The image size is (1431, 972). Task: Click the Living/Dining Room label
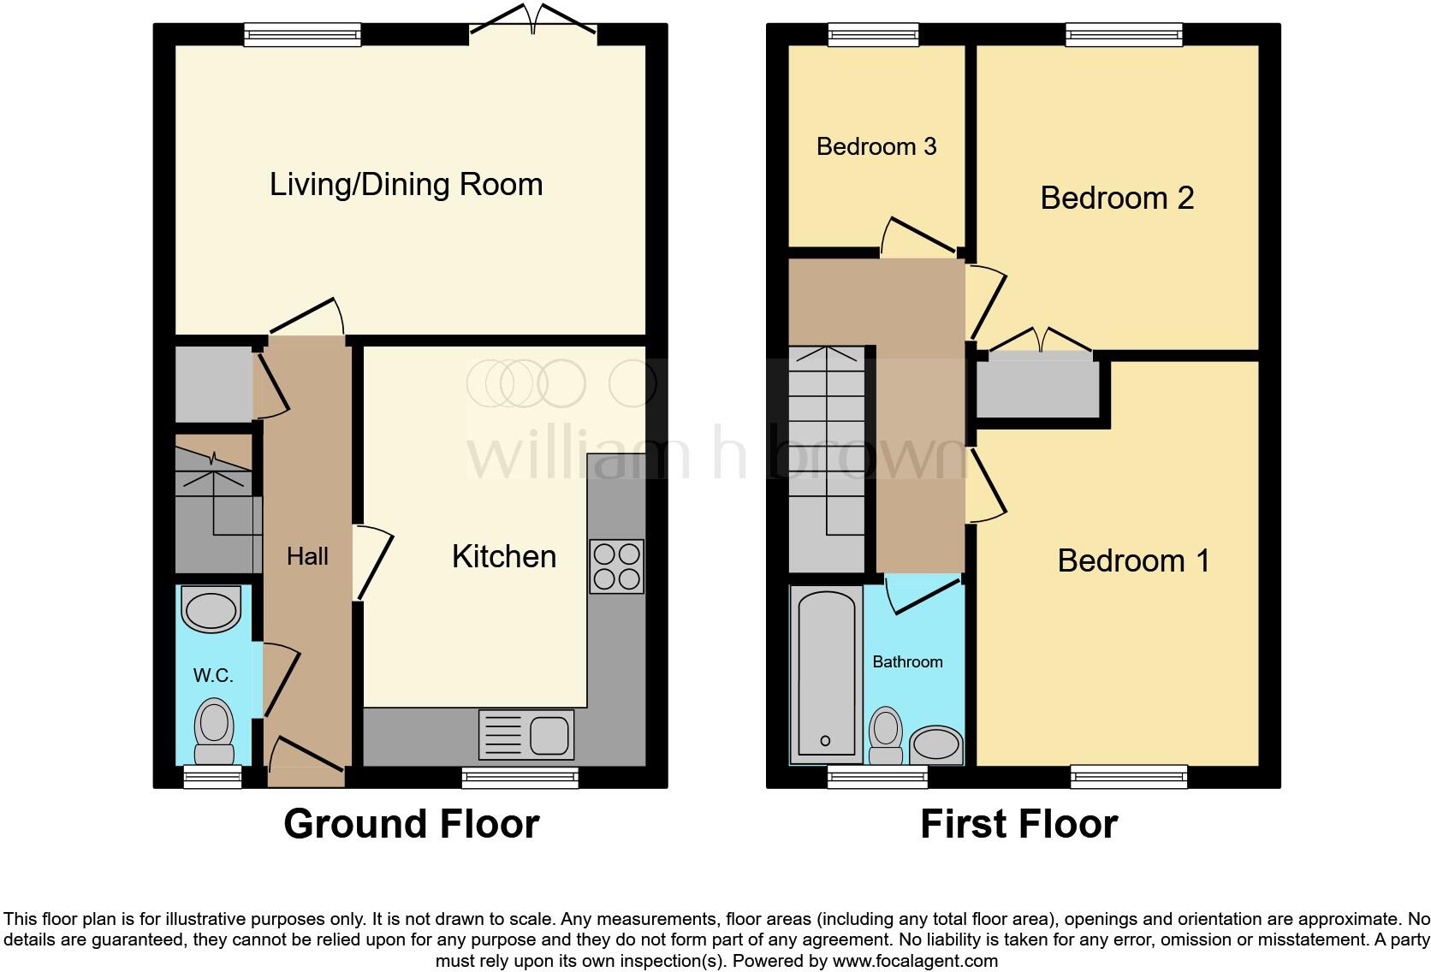coord(406,185)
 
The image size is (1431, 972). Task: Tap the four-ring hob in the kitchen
coord(616,566)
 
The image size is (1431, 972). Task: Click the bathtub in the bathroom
coord(826,673)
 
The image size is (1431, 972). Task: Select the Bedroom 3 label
coord(876,146)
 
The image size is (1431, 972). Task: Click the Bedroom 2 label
coord(1116,199)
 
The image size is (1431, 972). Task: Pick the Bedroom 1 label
coord(1133,561)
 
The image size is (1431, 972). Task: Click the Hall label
coord(307,557)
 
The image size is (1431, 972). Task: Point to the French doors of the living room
coord(533,26)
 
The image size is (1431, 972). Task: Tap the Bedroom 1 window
coord(1128,776)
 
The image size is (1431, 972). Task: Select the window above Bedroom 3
coord(873,34)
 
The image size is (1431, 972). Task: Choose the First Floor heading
coord(1018,824)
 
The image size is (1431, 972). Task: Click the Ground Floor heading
coord(411,824)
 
